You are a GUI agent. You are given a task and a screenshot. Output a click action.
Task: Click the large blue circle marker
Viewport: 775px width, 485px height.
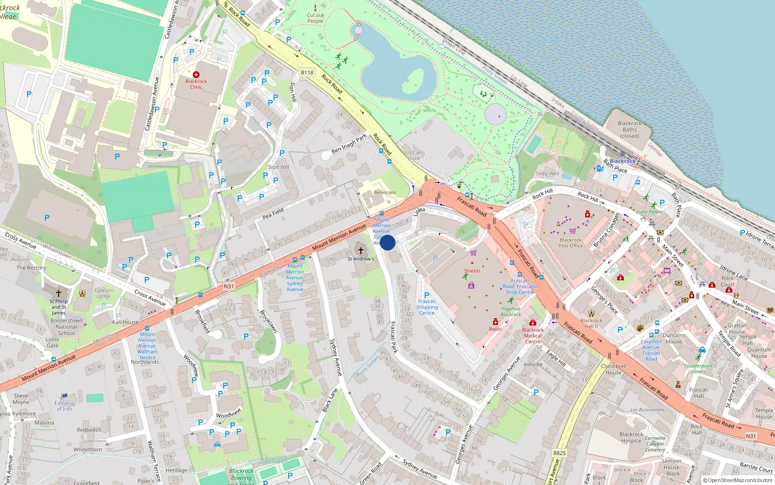click(x=387, y=242)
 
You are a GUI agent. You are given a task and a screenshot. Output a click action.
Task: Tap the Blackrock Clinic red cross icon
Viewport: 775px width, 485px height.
click(x=196, y=75)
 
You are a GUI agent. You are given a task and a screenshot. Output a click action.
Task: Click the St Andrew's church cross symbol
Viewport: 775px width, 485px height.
click(x=360, y=250)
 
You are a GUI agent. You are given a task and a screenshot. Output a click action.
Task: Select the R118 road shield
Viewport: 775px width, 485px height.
click(x=307, y=72)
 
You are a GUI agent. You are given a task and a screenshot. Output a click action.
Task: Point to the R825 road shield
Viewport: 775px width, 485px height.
click(x=559, y=453)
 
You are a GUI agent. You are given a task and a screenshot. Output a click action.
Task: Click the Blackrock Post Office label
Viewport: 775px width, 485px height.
click(x=571, y=242)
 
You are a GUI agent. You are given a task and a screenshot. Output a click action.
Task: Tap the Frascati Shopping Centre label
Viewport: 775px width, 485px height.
click(x=427, y=307)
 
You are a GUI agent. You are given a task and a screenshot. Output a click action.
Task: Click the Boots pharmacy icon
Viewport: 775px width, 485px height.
click(x=496, y=322)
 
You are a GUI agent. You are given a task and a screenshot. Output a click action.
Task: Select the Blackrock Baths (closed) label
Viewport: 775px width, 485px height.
click(x=630, y=129)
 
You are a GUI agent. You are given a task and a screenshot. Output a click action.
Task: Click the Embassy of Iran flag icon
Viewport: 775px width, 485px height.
click(x=65, y=396)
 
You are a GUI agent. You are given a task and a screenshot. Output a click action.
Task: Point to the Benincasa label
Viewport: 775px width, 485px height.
click(x=385, y=193)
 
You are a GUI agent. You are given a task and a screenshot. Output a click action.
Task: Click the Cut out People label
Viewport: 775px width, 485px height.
click(x=315, y=18)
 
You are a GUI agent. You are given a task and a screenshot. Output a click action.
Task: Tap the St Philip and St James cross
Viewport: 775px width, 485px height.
click(x=59, y=293)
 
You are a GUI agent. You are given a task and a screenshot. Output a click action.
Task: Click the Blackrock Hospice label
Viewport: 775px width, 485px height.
click(x=632, y=437)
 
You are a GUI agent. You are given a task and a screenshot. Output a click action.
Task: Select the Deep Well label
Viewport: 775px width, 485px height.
click(x=547, y=174)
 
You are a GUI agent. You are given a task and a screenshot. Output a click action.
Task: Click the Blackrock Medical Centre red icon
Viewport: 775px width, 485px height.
click(x=533, y=323)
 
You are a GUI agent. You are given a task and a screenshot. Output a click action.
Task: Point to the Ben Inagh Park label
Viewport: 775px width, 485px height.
click(x=349, y=144)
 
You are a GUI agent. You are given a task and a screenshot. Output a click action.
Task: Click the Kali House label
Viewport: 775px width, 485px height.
click(x=125, y=322)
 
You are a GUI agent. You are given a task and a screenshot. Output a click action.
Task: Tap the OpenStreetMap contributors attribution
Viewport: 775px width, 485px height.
click(x=740, y=480)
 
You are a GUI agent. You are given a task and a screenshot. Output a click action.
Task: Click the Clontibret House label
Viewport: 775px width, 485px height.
click(x=613, y=370)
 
